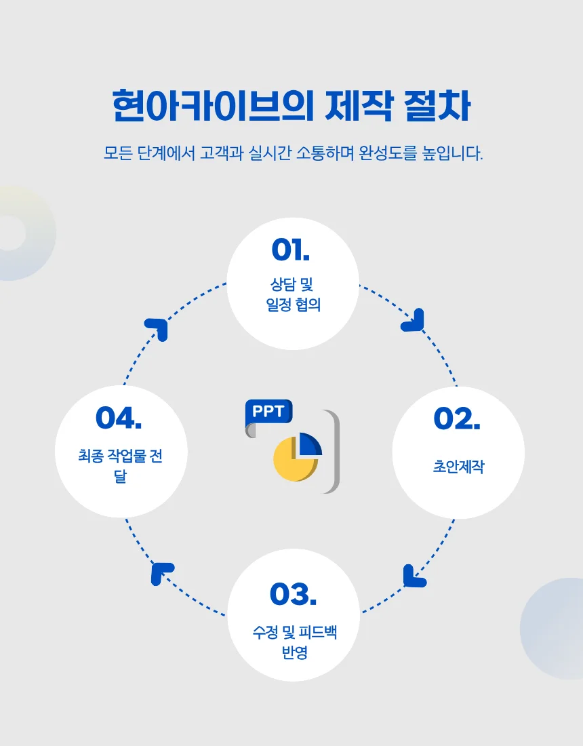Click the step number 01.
coord(290,250)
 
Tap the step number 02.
coord(457,419)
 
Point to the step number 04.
coord(119,418)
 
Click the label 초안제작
coord(458,467)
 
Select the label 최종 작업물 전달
coord(120,465)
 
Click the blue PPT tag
coord(268,411)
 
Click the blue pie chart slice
coord(310,444)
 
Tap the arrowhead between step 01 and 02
coord(414,321)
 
